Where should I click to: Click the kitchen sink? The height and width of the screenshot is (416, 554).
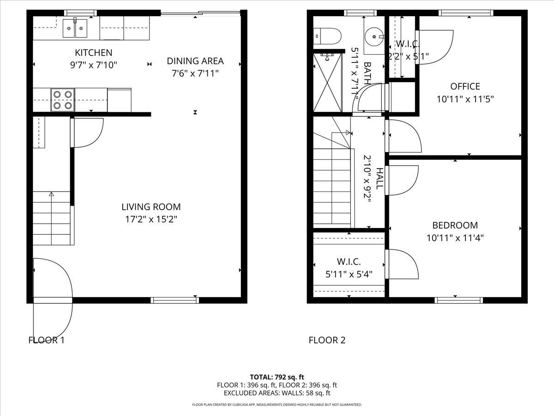[x=75, y=29]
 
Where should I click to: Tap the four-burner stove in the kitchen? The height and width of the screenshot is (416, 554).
[x=62, y=99]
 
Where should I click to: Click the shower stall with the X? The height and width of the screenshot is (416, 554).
[x=328, y=83]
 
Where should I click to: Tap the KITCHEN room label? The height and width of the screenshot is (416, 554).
[x=94, y=53]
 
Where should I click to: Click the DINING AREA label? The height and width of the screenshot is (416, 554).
[x=195, y=61]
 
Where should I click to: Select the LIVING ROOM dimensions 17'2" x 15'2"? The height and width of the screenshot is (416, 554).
[x=151, y=219]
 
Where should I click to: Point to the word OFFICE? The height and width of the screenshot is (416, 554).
[x=465, y=86]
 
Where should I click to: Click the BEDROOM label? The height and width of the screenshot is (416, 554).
[x=455, y=226]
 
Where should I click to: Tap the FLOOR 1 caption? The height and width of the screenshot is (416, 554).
[x=46, y=341]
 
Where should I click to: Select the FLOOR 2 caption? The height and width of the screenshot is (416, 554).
[x=327, y=341]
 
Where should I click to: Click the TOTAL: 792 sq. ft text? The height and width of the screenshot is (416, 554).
[x=277, y=377]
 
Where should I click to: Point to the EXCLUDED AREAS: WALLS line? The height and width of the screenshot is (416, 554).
[x=277, y=393]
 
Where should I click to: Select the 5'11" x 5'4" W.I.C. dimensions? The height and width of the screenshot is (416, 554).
[x=349, y=274]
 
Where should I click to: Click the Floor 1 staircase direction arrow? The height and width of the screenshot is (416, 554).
[x=51, y=194]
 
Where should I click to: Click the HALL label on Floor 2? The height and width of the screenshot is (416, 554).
[x=379, y=178]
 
